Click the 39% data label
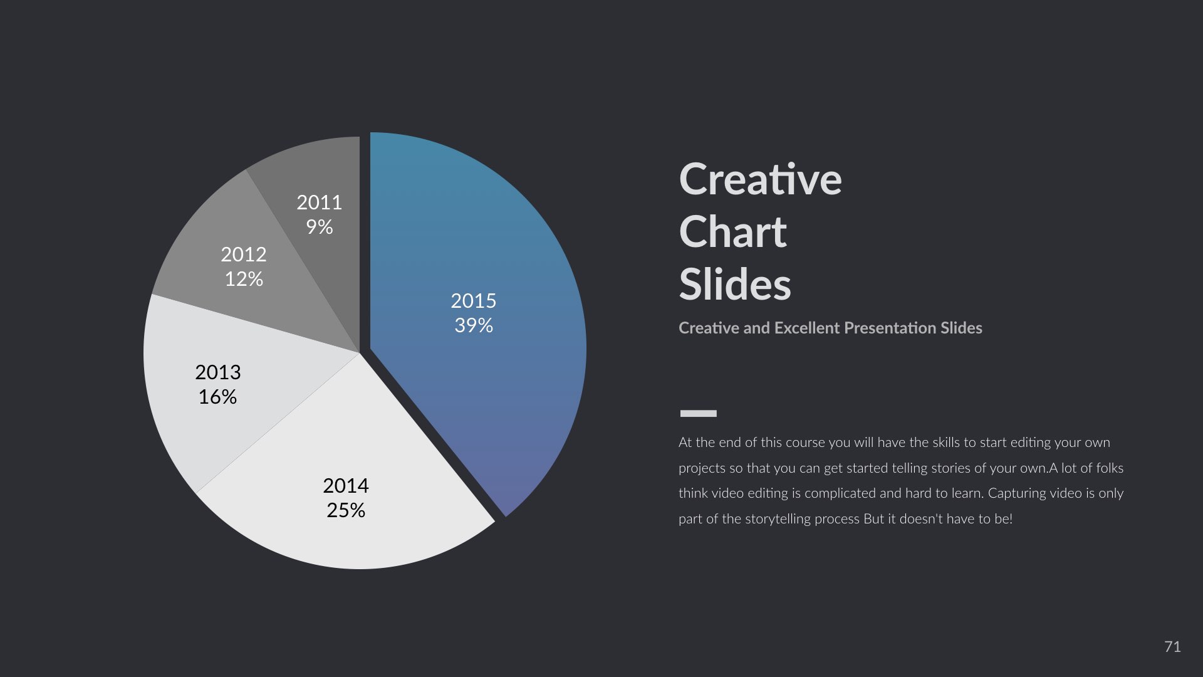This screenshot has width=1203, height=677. tap(474, 325)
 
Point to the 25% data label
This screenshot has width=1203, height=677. tap(346, 510)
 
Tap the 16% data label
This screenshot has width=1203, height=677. tap(217, 397)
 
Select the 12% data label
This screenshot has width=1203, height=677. tap(244, 279)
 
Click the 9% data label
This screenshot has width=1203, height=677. tap(320, 227)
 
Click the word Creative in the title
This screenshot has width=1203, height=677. tap(760, 180)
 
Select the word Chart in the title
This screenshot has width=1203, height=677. tap(732, 233)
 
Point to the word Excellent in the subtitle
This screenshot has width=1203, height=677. tap(807, 328)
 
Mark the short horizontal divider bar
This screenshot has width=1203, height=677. tap(698, 413)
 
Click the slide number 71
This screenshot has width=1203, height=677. tap(1172, 647)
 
